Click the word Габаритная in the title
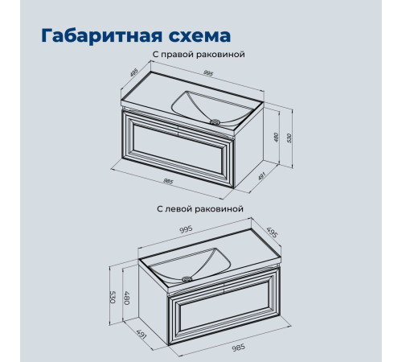(x=102, y=35)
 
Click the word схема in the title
(x=199, y=36)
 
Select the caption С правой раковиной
(x=199, y=55)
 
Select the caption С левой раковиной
(x=200, y=208)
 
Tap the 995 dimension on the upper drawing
(x=208, y=73)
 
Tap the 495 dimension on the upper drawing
(x=133, y=72)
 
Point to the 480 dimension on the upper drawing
(x=277, y=137)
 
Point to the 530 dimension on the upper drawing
(x=289, y=138)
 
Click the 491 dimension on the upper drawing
(x=261, y=176)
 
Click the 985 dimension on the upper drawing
(x=168, y=182)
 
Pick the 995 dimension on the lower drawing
(x=186, y=229)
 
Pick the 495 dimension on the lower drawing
(x=273, y=232)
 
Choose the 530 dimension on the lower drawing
(x=113, y=297)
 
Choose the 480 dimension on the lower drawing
(x=126, y=298)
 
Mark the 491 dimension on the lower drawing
(x=142, y=334)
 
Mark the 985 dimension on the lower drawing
(x=238, y=348)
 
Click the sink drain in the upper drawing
(x=215, y=122)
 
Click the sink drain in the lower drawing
(x=187, y=279)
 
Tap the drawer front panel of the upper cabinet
(x=178, y=149)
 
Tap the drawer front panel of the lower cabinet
(x=224, y=306)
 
